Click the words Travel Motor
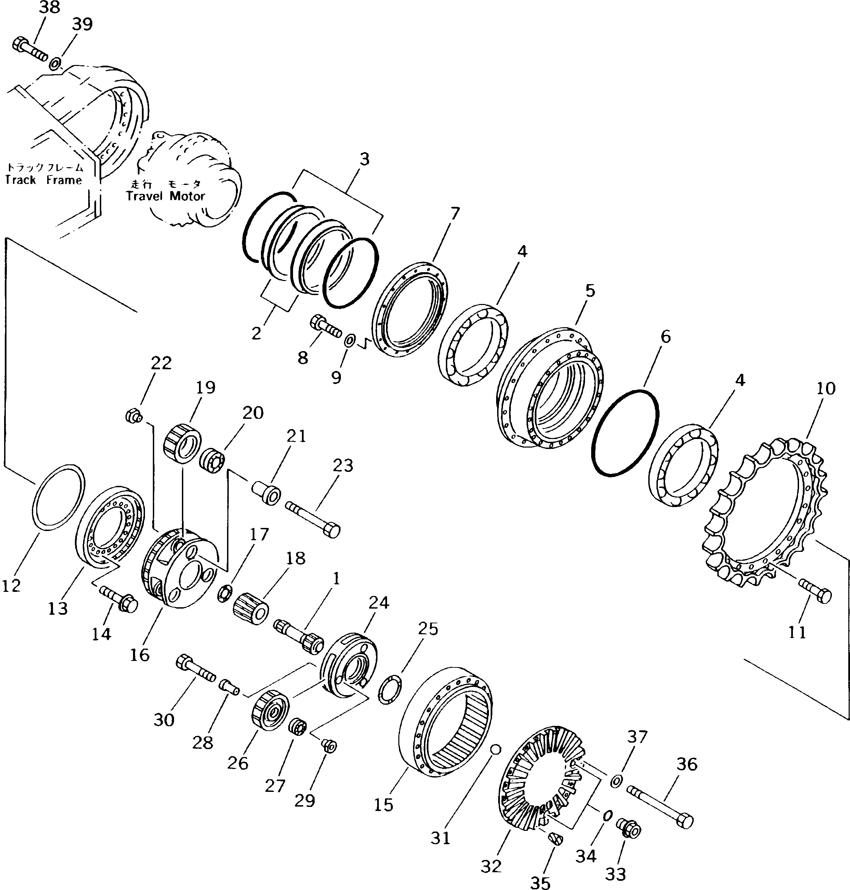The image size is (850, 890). click(x=165, y=196)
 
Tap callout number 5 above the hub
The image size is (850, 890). click(x=590, y=291)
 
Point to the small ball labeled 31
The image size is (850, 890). click(x=495, y=749)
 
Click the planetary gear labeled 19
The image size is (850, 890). click(x=182, y=443)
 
